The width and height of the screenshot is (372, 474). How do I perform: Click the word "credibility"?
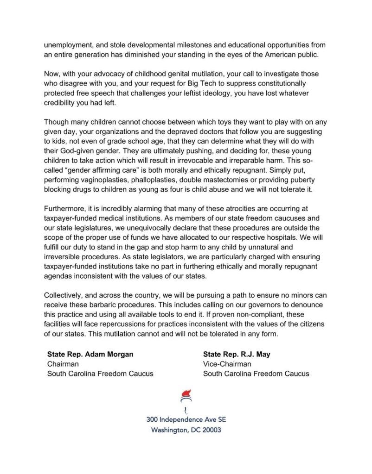click(63, 103)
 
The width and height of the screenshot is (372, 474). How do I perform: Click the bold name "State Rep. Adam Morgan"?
click(90, 355)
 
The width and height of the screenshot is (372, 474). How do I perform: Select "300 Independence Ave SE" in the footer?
click(186, 419)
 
